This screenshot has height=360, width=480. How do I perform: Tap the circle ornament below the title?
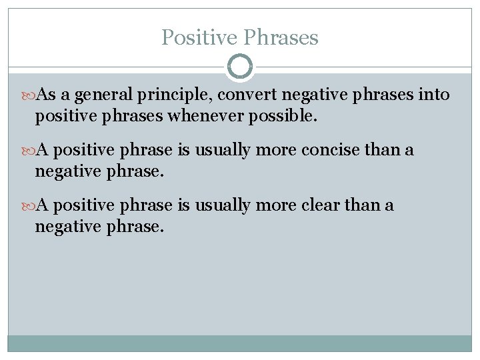pos(240,67)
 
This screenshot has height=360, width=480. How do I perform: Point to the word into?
pos(434,96)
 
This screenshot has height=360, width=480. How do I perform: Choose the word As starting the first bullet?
pos(46,96)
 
